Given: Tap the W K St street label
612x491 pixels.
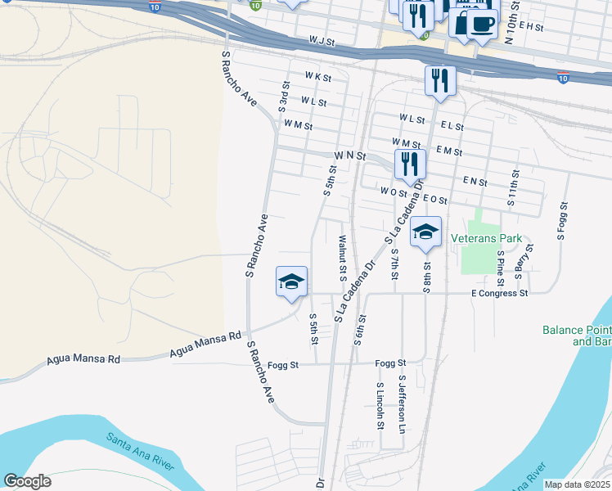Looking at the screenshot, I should click(317, 78).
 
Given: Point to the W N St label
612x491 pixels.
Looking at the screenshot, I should click(349, 155).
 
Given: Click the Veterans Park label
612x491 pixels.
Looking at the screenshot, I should click(486, 239).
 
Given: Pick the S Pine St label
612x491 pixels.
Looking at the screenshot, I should click(501, 264).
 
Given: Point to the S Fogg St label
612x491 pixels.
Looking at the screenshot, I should click(563, 221).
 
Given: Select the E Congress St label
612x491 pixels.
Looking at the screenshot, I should click(500, 293).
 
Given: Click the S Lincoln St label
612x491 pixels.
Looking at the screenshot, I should click(380, 406).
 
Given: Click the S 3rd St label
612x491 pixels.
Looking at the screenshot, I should click(284, 96).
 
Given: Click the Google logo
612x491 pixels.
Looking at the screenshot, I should click(27, 481).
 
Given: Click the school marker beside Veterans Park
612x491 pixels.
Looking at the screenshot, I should click(425, 232).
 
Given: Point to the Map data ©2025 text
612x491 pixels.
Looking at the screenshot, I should click(578, 484).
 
